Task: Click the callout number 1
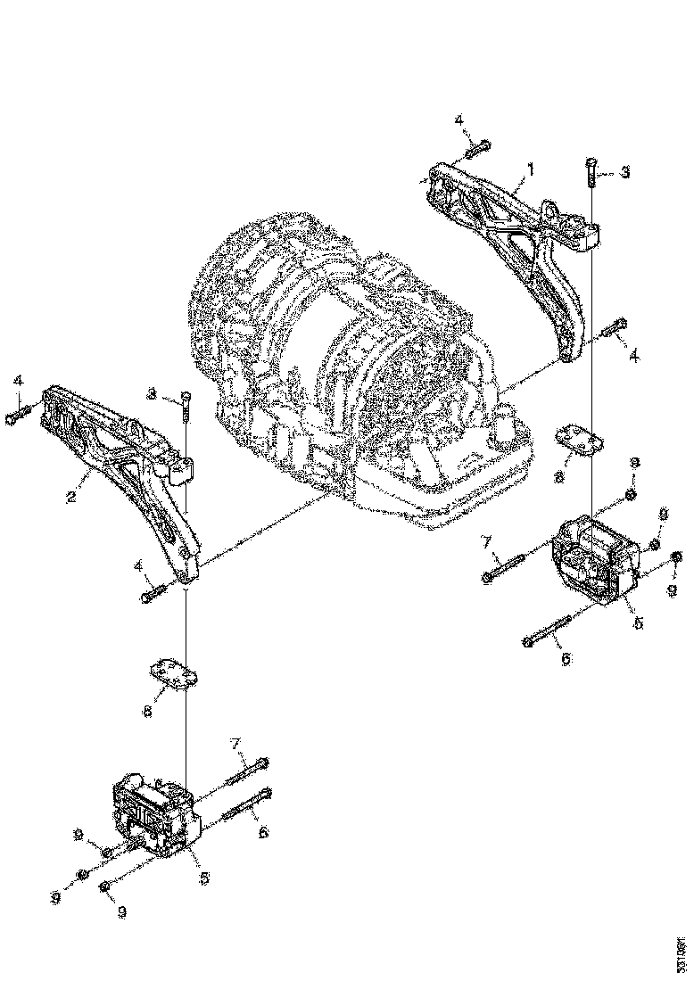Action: pos(531,169)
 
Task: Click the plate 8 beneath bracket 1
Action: pos(577,439)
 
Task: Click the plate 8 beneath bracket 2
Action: pos(171,672)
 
